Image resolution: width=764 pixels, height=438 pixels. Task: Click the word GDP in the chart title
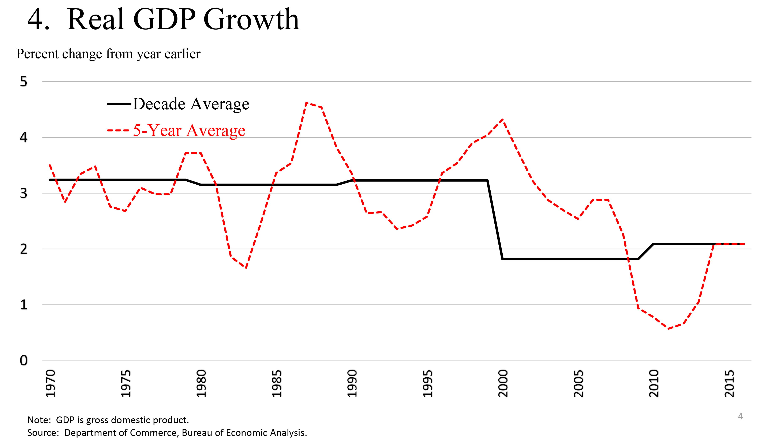tap(164, 19)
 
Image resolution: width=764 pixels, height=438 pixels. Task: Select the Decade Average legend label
tap(191, 104)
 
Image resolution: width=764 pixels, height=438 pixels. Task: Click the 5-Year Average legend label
tap(189, 131)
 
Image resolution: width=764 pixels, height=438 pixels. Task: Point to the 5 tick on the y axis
tap(23, 82)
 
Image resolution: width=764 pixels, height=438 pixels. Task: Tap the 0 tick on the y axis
tap(23, 360)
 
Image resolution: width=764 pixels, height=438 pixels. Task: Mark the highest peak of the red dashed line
tap(306, 103)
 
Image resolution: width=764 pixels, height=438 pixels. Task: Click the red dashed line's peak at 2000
tap(502, 120)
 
